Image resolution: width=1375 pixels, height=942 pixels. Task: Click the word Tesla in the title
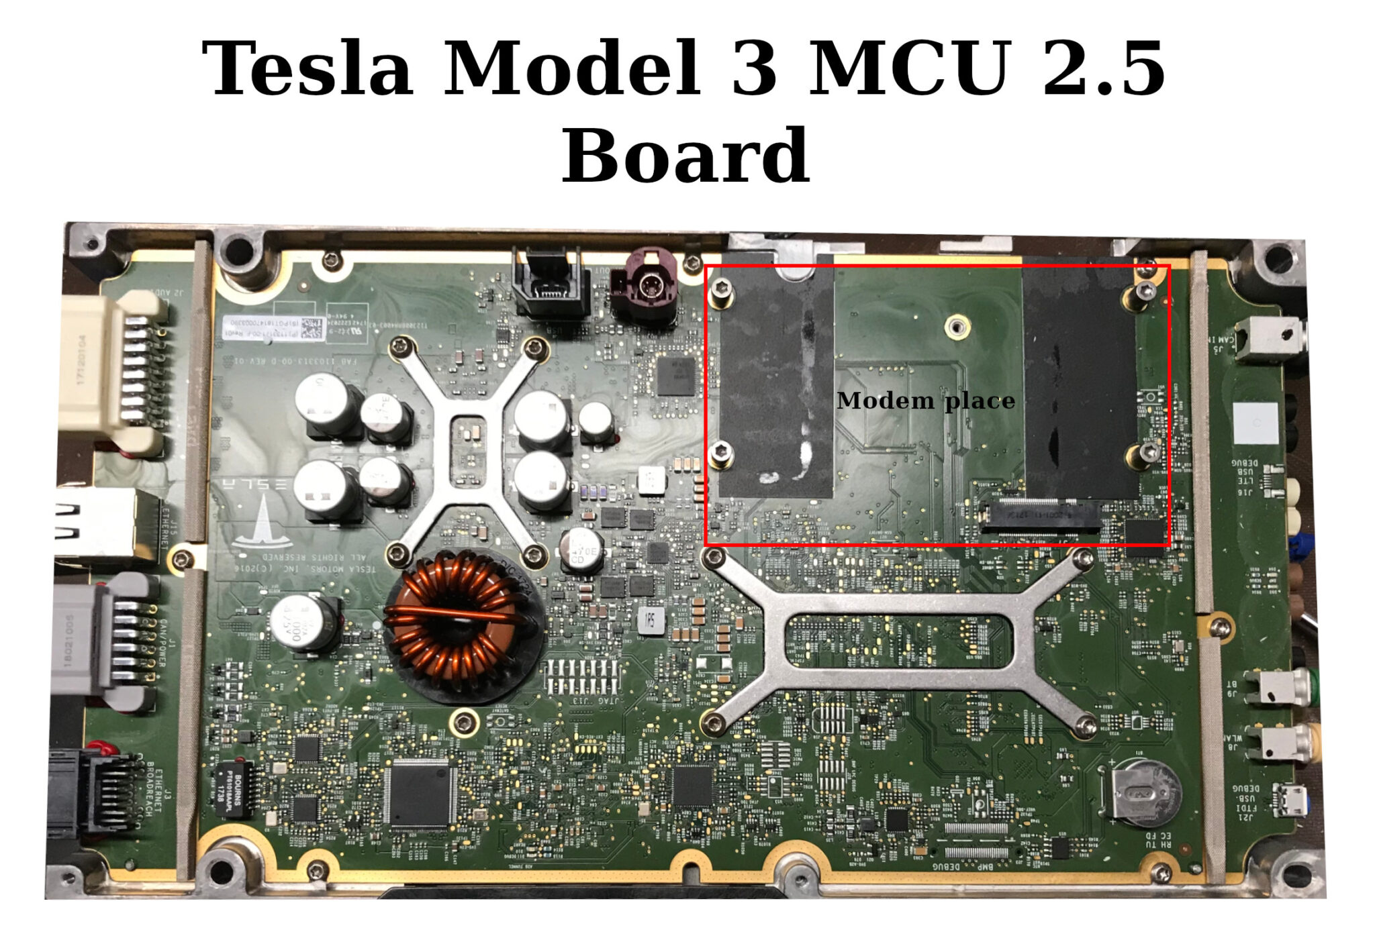(x=307, y=68)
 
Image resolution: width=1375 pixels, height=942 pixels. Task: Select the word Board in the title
(x=685, y=156)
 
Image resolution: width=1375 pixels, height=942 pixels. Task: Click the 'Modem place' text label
(x=925, y=401)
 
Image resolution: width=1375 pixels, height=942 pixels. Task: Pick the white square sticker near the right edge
(x=1255, y=423)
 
